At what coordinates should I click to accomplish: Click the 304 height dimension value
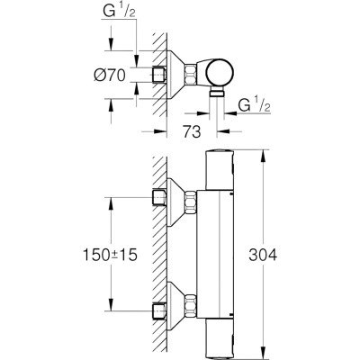[x=263, y=256]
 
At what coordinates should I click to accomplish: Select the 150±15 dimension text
[x=110, y=256]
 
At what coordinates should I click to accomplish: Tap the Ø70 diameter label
[x=110, y=75]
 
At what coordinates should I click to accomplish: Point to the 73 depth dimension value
[x=192, y=131]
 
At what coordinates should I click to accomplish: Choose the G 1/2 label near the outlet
[x=254, y=105]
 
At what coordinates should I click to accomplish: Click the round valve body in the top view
[x=220, y=73]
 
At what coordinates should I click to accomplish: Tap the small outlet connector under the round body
[x=217, y=92]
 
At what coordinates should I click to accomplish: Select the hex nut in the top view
[x=190, y=74]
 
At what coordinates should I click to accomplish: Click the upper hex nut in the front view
[x=190, y=202]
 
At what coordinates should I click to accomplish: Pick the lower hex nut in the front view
[x=190, y=306]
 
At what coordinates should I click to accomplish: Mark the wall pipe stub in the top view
[x=159, y=75]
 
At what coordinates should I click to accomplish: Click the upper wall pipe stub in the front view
[x=159, y=197]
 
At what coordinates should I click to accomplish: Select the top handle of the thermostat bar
[x=220, y=170]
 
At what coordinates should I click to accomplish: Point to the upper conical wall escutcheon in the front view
[x=175, y=202]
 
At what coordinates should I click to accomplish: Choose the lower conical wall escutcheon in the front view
[x=175, y=306]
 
